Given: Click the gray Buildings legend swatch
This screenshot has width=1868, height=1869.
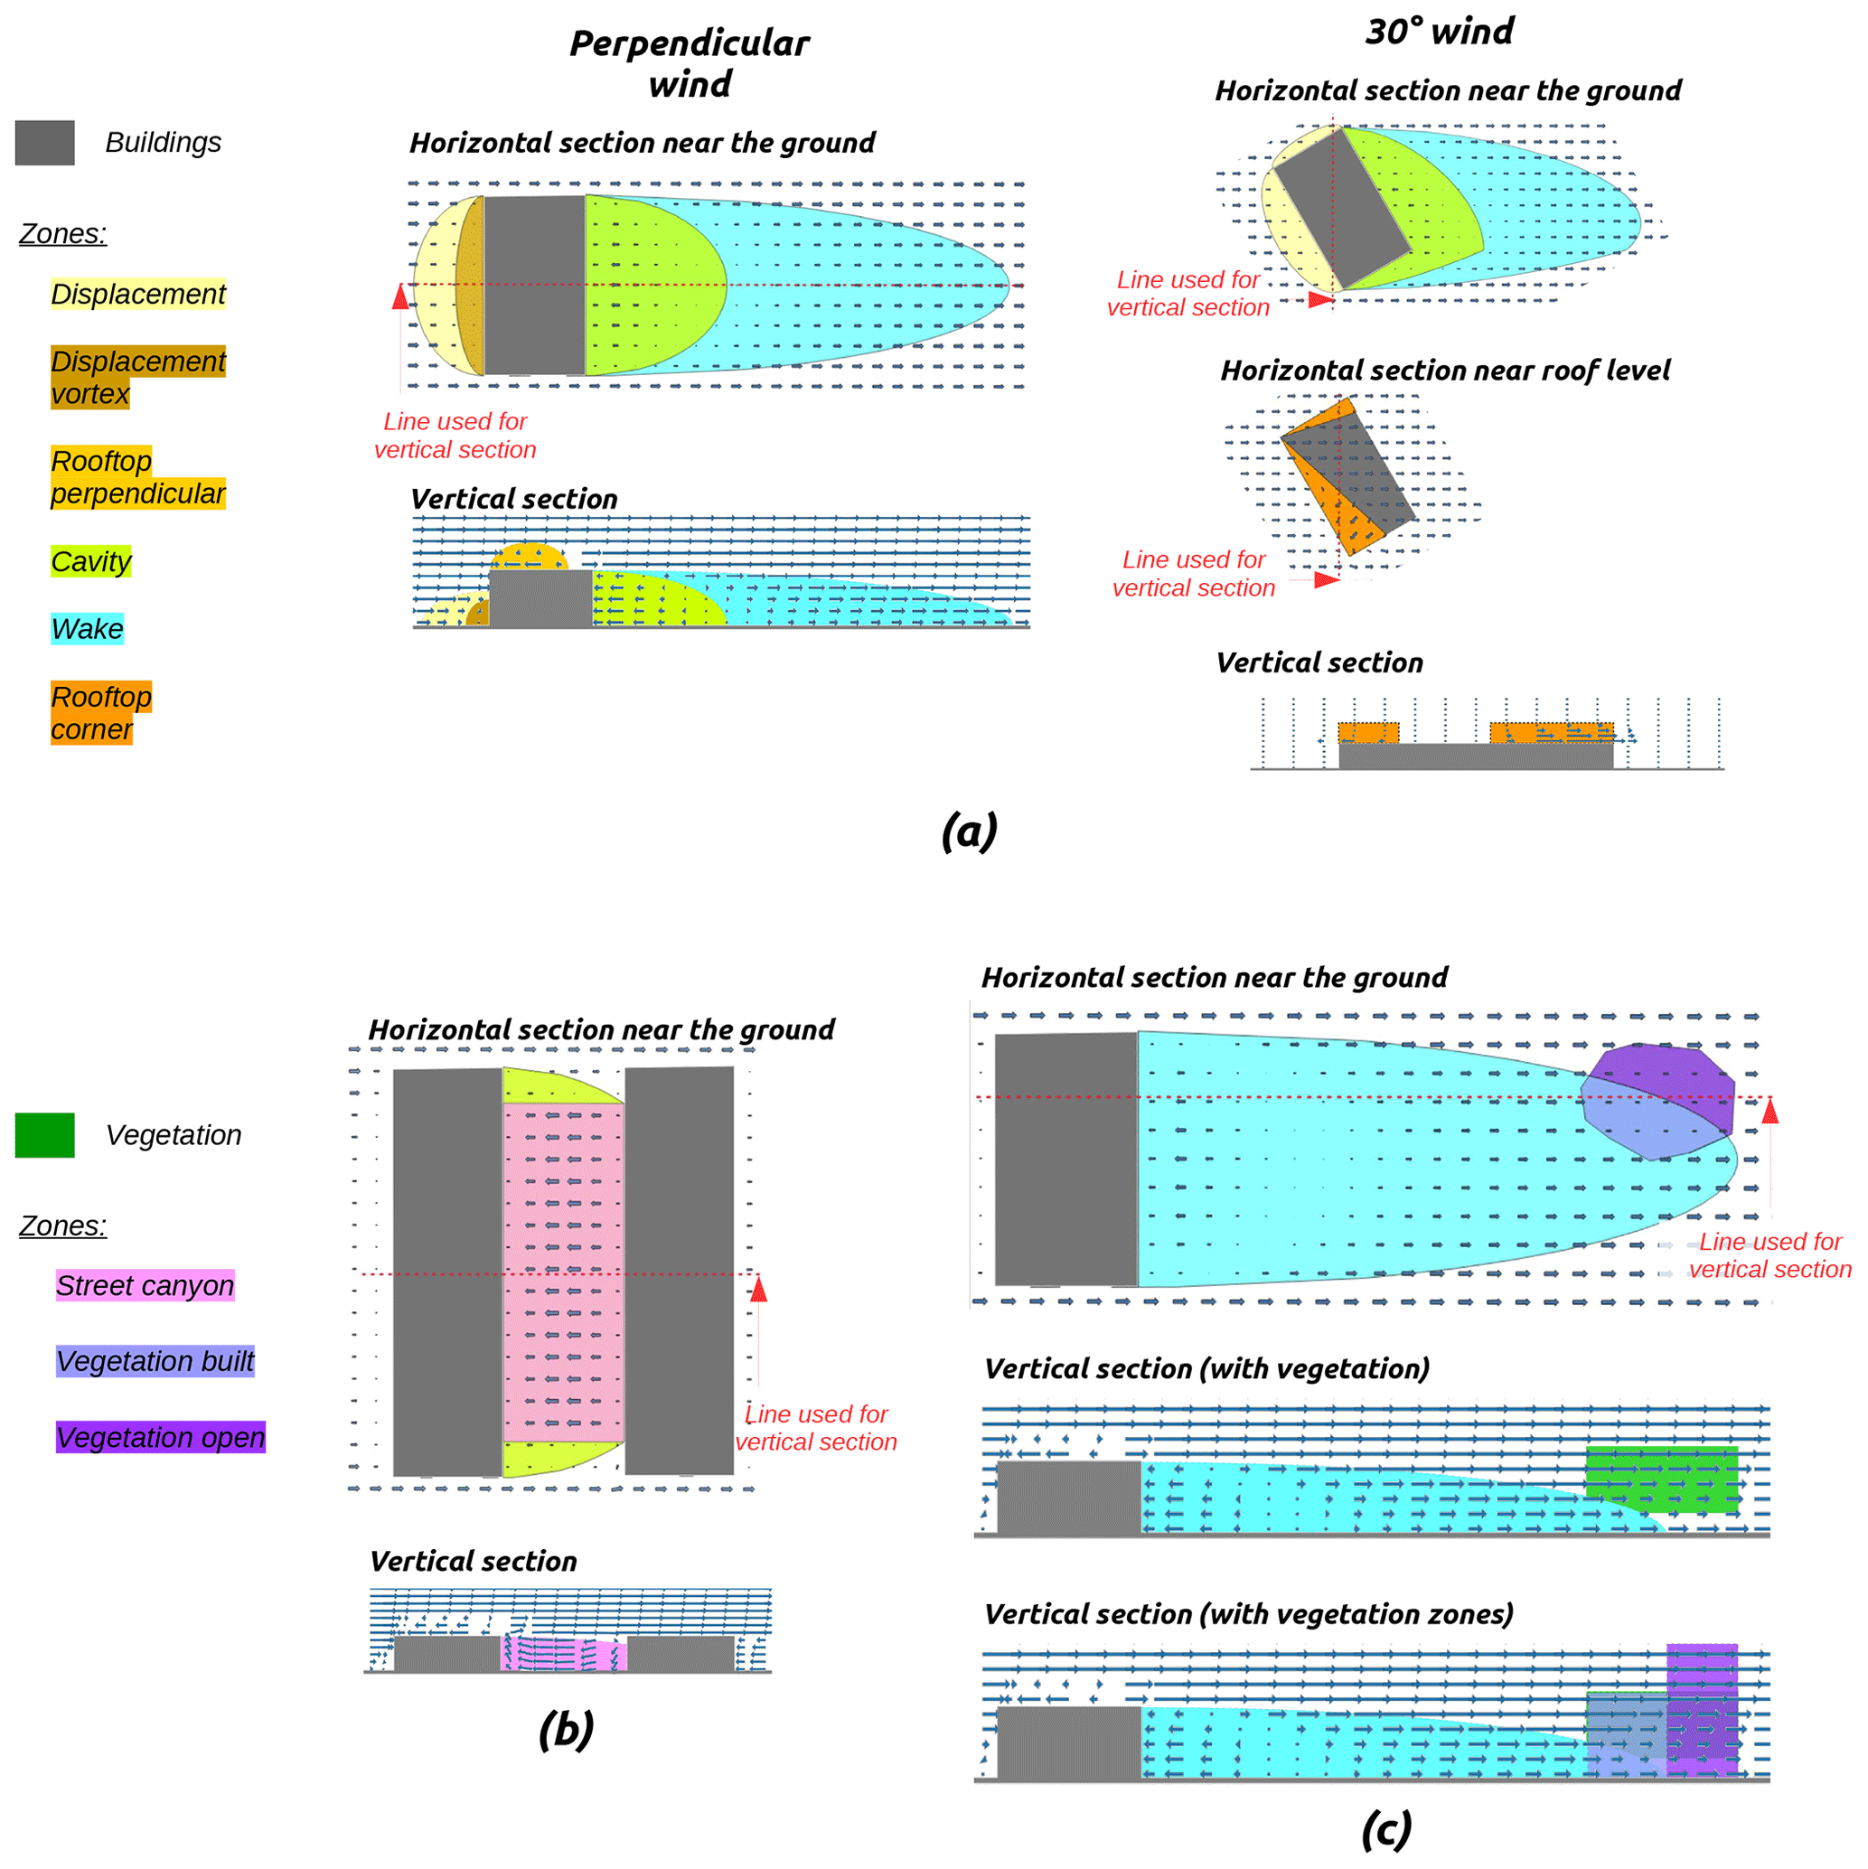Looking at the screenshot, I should [x=44, y=142].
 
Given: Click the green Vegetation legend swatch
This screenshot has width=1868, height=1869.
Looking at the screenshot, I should [x=44, y=1135].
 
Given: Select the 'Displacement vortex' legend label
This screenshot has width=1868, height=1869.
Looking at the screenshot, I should [x=137, y=377].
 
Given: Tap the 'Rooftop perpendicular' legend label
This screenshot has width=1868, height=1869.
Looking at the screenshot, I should [x=137, y=477].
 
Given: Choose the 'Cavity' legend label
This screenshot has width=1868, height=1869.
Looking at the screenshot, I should [x=91, y=561].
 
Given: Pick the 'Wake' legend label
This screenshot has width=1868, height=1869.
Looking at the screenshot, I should [x=87, y=629].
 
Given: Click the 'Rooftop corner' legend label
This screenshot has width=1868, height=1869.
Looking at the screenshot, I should [x=100, y=713].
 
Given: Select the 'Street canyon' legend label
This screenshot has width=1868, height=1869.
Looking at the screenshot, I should [x=145, y=1286].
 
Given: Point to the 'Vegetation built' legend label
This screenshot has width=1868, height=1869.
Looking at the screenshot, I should [x=155, y=1361].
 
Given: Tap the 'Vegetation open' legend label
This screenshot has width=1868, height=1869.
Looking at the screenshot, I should [x=161, y=1438].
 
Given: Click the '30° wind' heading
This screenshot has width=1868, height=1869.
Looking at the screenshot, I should [x=1440, y=32].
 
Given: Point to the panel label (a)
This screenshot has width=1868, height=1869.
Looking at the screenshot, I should [x=969, y=831].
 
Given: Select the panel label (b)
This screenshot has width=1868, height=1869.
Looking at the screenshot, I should [x=566, y=1730].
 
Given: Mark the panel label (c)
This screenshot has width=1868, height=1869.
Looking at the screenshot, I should [x=1386, y=1829].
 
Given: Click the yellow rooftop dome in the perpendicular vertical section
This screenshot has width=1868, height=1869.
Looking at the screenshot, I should [x=528, y=558].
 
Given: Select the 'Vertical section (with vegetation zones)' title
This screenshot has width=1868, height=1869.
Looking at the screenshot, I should [x=1248, y=1614].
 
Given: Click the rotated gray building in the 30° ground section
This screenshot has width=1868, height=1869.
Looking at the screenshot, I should [x=1341, y=208].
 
